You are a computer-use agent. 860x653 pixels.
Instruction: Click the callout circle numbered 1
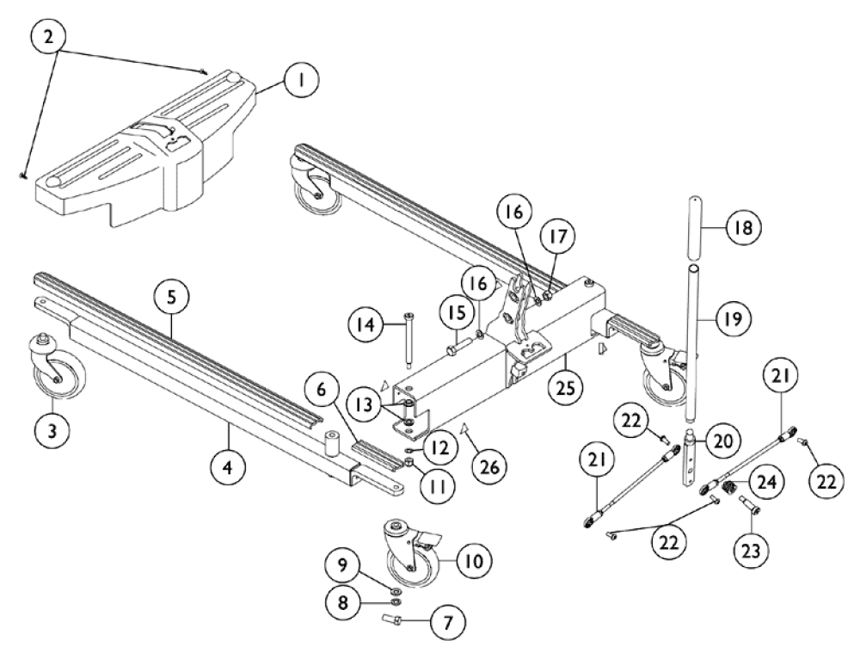[301, 80]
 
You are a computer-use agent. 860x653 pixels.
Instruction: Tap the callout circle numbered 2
[49, 37]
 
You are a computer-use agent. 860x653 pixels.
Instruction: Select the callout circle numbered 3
[52, 431]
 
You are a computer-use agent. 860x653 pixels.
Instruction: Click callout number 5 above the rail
[171, 298]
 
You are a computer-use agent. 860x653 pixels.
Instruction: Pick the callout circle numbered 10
[475, 561]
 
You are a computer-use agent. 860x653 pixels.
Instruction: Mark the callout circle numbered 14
[366, 325]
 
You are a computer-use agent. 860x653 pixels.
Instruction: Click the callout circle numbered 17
[558, 237]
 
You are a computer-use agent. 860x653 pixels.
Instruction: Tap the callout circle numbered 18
[744, 227]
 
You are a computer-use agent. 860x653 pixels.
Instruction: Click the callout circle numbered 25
[566, 388]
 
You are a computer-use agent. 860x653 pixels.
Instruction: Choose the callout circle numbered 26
[490, 467]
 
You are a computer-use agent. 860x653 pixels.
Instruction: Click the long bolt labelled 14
[409, 340]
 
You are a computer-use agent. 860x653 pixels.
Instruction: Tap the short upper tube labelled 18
[694, 230]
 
